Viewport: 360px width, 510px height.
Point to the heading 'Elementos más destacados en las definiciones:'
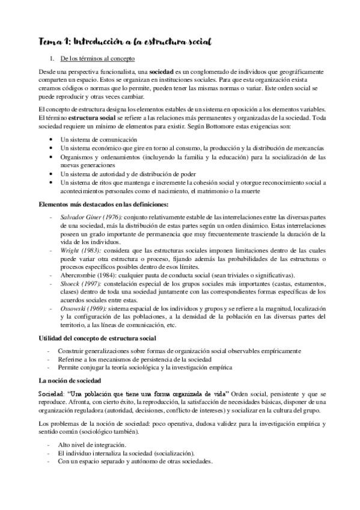102,204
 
